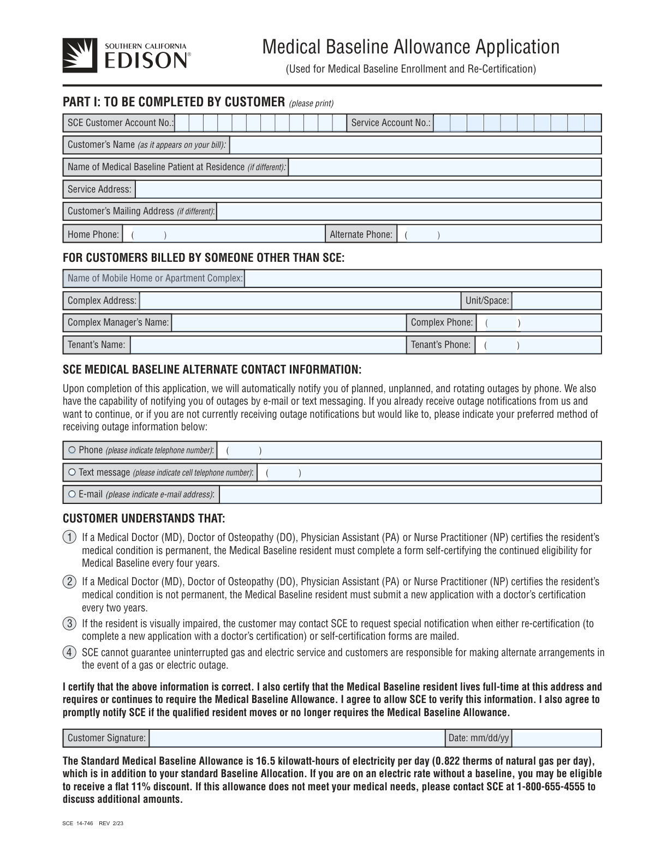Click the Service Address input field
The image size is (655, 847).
(x=368, y=189)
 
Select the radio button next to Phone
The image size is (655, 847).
(x=72, y=450)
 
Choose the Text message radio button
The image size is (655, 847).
(x=72, y=472)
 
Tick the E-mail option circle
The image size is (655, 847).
(x=72, y=494)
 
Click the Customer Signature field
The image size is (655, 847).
(x=297, y=738)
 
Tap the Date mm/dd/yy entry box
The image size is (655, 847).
(x=556, y=738)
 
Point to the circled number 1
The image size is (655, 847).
(x=69, y=537)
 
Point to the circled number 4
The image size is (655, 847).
(x=69, y=652)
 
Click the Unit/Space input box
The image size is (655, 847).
(x=556, y=301)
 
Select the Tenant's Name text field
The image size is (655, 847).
(x=267, y=345)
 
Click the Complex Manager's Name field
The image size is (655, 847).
(x=288, y=323)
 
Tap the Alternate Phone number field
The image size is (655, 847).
(x=499, y=235)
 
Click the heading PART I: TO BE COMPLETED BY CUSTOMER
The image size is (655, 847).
(x=174, y=102)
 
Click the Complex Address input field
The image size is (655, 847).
(x=300, y=301)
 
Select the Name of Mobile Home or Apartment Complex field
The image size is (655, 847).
(x=422, y=279)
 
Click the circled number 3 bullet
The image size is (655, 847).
(x=69, y=623)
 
